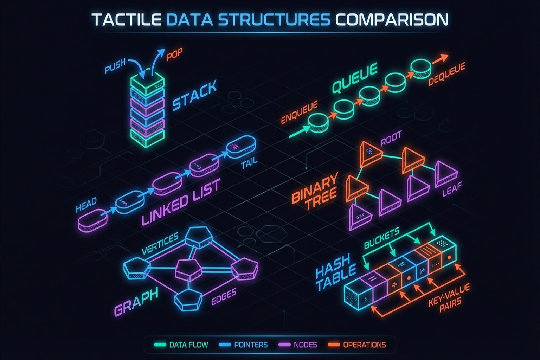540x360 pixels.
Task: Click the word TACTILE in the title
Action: coord(126,20)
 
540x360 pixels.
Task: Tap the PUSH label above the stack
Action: coord(115,66)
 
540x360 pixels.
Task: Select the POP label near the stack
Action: coord(174,54)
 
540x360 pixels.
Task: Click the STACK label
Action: coord(194,96)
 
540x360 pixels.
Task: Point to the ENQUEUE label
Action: coord(299,112)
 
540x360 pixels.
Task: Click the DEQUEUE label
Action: coord(447,74)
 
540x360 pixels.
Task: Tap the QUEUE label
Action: coord(355,78)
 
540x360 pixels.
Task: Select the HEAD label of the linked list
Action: coord(86,205)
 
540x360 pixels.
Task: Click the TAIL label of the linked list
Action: coord(249,163)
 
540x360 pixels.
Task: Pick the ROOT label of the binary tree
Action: coord(391,139)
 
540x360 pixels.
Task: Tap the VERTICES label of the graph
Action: coord(160,244)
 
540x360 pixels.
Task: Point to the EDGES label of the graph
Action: coord(224,297)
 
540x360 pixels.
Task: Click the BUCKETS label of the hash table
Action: coord(381,238)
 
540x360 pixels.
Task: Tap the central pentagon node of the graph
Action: coord(189,269)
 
